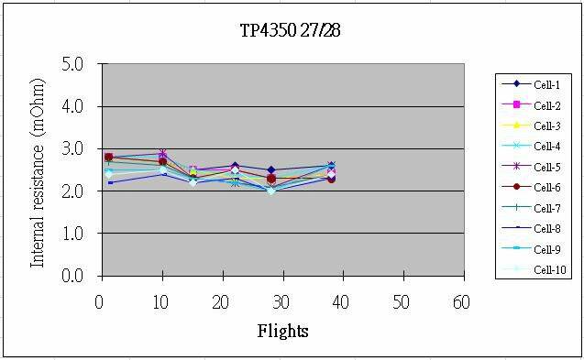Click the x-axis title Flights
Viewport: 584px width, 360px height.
[282, 330]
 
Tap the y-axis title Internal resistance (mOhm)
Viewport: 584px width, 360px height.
[39, 170]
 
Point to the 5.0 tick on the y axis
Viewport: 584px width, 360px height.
[72, 64]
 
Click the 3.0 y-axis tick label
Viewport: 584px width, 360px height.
[72, 148]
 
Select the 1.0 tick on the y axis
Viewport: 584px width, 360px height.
[72, 234]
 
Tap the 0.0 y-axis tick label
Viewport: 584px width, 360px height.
[72, 276]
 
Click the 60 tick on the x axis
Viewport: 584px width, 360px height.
[461, 301]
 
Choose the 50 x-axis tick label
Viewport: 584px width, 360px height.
[401, 301]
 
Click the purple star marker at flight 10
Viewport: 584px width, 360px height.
[162, 154]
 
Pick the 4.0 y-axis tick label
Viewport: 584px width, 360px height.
[72, 106]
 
